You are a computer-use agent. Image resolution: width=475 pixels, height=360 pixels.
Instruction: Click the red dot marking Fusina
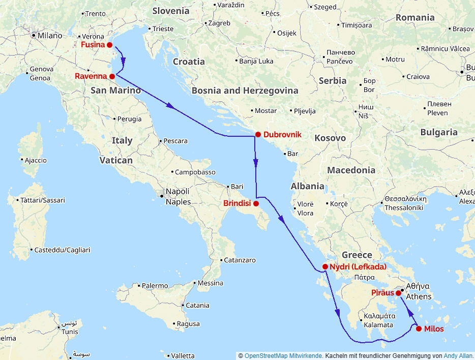tap(109, 45)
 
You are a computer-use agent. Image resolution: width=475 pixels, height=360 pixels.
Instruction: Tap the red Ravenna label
tap(91, 76)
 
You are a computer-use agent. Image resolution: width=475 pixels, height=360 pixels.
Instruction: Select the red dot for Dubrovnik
tap(258, 135)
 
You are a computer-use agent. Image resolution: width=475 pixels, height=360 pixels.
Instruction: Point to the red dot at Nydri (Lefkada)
tap(325, 266)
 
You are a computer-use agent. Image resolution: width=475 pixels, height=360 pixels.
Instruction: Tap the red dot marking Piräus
tap(399, 293)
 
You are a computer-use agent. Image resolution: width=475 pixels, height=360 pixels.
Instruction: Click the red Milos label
tap(433, 329)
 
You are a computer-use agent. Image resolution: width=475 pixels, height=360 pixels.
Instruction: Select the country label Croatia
tap(189, 62)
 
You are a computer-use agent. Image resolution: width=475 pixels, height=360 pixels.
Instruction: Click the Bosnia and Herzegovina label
tap(245, 91)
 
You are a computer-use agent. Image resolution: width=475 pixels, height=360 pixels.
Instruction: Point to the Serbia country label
tap(333, 80)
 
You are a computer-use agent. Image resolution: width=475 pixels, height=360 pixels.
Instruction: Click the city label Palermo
tap(155, 286)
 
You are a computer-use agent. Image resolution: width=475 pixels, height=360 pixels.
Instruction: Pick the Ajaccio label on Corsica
tap(36, 160)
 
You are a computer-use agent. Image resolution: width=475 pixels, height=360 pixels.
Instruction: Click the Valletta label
tap(183, 355)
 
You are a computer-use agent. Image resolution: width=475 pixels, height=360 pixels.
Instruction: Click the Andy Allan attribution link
tap(458, 356)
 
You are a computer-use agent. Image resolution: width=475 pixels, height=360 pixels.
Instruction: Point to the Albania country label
tap(307, 186)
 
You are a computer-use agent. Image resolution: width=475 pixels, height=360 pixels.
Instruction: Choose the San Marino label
tap(115, 91)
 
